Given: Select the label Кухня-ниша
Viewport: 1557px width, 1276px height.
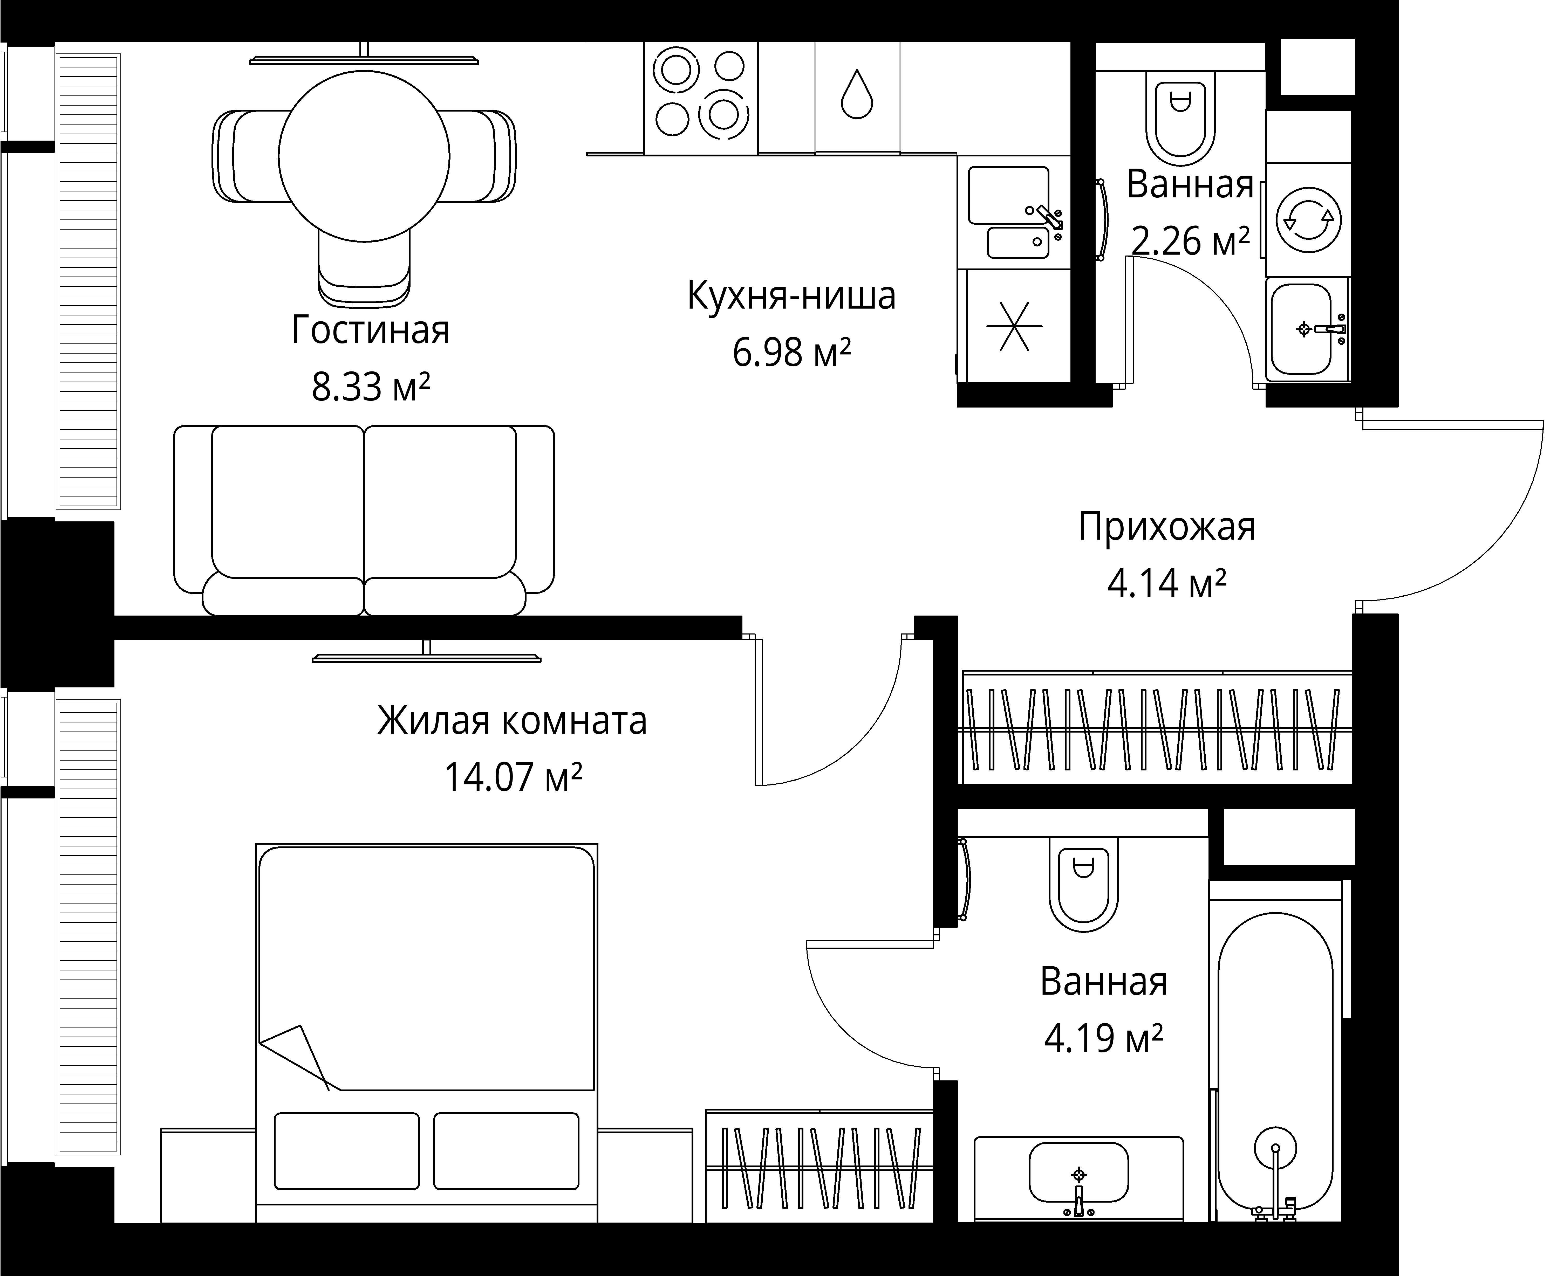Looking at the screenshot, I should [x=791, y=296].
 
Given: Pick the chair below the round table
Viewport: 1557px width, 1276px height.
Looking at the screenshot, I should [x=364, y=268].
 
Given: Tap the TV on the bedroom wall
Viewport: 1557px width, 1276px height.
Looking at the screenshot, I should [x=426, y=656].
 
